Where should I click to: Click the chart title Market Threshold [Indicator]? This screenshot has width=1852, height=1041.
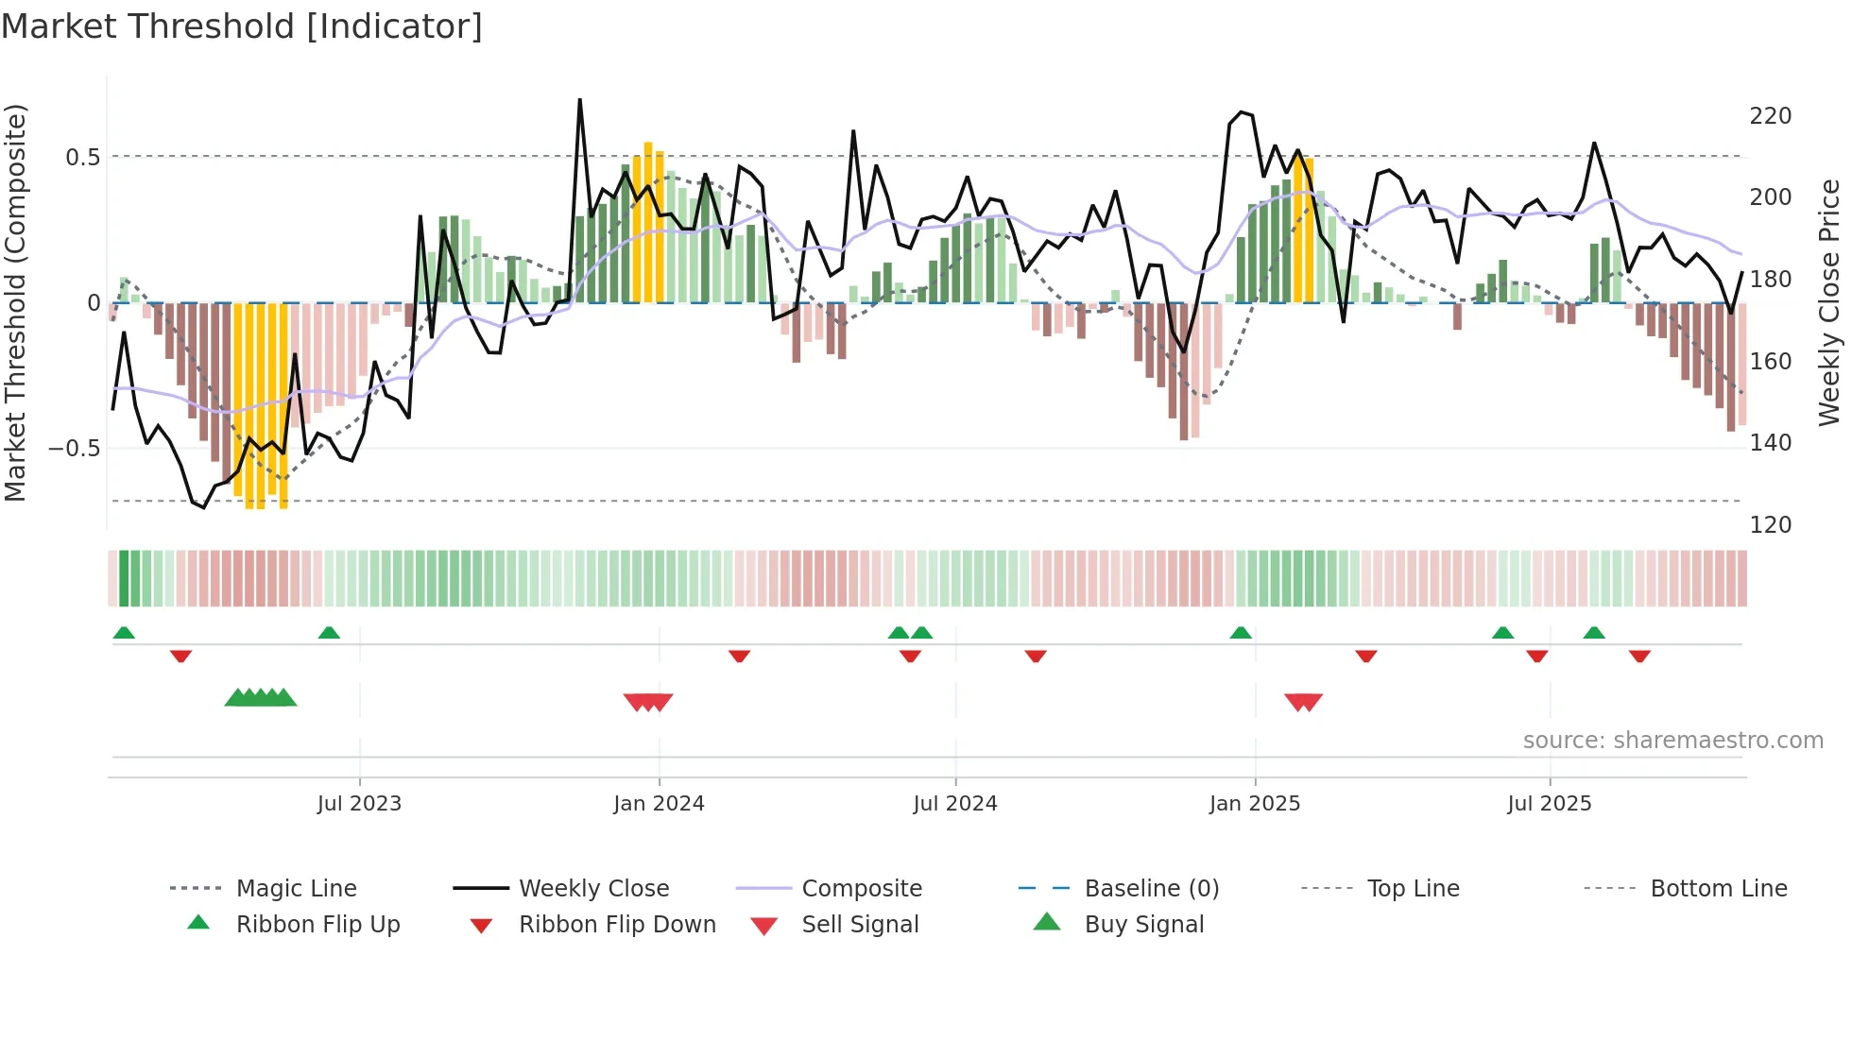click(242, 26)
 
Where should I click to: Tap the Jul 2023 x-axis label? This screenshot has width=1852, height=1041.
click(359, 804)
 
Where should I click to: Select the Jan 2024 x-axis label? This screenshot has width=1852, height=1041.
click(659, 804)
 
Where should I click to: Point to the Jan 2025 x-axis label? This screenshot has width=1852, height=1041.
click(1255, 804)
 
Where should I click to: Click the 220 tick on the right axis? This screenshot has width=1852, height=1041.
click(1770, 116)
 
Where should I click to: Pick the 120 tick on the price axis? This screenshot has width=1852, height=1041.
click(1770, 525)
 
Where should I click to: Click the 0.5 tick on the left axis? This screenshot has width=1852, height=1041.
click(82, 158)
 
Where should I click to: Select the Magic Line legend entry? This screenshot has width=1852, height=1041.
click(296, 889)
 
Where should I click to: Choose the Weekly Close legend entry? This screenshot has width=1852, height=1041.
click(593, 889)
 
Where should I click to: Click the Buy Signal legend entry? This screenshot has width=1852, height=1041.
click(1143, 925)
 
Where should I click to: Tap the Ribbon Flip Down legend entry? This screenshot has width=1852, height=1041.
click(617, 925)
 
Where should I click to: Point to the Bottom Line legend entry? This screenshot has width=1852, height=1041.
click(1718, 889)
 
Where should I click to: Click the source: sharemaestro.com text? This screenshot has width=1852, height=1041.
click(1672, 741)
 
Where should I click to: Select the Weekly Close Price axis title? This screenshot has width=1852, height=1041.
click(1829, 302)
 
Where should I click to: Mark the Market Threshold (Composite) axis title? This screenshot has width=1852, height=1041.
click(15, 302)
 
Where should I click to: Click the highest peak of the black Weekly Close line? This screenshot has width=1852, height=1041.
click(579, 100)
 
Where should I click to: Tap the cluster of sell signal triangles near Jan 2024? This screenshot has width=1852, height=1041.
click(648, 702)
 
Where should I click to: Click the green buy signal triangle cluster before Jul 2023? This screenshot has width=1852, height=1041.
click(261, 698)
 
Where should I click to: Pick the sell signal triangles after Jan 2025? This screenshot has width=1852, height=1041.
click(1303, 702)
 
